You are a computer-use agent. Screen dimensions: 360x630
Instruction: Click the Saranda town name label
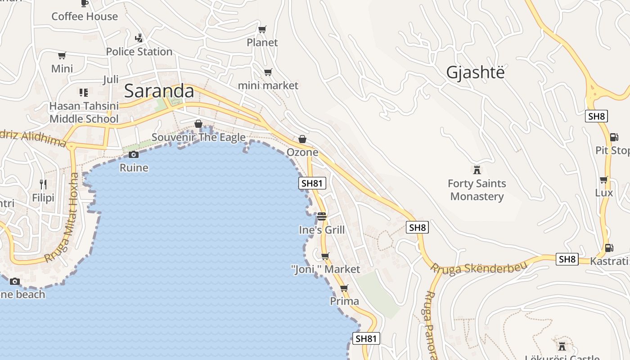(159, 91)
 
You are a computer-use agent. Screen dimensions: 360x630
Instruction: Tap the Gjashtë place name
(476, 72)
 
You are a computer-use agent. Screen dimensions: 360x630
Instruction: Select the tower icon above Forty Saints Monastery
(477, 170)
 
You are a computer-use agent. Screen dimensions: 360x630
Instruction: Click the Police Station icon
(139, 38)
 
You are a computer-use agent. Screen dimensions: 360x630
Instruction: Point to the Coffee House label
(85, 17)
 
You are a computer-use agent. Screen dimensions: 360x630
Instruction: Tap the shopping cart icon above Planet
(262, 30)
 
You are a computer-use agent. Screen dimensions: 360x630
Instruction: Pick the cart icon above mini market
(268, 72)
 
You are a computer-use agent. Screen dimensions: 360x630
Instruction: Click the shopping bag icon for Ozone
(302, 139)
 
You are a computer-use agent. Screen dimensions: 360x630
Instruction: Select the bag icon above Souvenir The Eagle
(198, 124)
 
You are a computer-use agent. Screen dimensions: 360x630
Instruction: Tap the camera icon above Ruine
(134, 155)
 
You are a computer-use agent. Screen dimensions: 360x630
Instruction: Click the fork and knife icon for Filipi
(43, 184)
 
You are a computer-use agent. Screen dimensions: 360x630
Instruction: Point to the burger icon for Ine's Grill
(321, 216)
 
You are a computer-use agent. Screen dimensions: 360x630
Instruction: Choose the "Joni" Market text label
(326, 270)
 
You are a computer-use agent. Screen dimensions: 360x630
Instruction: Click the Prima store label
(345, 301)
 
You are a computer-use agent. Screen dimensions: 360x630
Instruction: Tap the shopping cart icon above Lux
(604, 180)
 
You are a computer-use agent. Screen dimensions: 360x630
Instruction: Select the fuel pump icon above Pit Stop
(614, 137)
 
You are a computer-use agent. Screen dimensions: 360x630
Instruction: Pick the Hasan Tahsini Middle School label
(84, 112)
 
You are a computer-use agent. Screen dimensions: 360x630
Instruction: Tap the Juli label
(111, 80)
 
